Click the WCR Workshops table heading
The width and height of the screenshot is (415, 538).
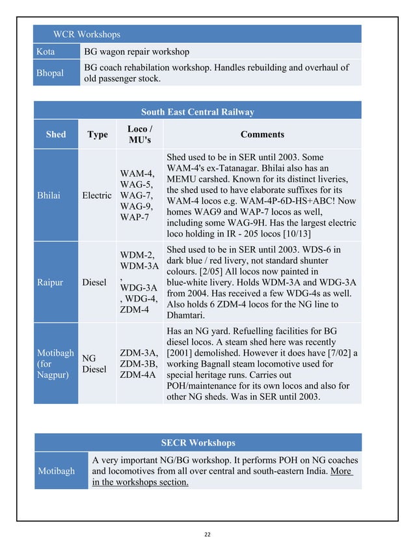(87, 34)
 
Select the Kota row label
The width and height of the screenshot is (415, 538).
(46, 51)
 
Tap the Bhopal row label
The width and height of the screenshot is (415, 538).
(50, 73)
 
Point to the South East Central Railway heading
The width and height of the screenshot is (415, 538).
(197, 112)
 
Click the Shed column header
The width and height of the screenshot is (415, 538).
(56, 134)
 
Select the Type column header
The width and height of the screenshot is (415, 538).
(98, 134)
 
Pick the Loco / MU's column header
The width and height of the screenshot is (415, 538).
(139, 134)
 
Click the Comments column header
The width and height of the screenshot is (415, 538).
(262, 134)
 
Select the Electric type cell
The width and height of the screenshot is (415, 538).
(97, 195)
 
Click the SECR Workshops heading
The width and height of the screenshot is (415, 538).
(198, 443)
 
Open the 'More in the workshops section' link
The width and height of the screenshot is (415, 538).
(141, 482)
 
